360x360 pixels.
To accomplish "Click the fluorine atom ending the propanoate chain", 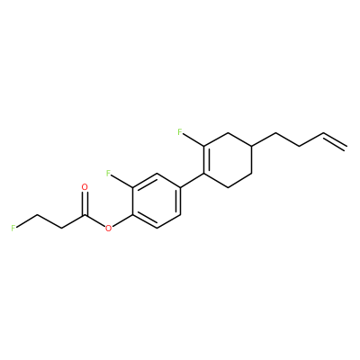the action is click(13, 228).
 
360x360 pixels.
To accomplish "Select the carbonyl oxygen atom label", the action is click(85, 187).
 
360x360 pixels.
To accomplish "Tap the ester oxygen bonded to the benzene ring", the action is click(108, 229).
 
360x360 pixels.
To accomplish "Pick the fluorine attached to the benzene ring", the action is click(109, 173).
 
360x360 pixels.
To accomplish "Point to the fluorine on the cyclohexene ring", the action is click(180, 132).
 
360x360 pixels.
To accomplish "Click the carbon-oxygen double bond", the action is click(85, 204).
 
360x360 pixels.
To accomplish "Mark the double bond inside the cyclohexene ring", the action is click(206, 159).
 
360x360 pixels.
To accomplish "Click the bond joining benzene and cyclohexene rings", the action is click(192, 180).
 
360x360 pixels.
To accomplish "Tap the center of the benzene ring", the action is click(156, 201).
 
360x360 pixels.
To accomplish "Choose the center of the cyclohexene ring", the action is click(228, 159).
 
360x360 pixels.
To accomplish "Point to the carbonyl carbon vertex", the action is click(85, 215).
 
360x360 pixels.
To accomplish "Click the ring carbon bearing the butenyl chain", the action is click(251, 146).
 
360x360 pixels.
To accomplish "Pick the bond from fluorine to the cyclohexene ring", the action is click(193, 140).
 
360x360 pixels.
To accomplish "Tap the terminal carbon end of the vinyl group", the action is click(347, 146).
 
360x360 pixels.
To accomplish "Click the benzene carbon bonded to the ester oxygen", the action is click(132, 215).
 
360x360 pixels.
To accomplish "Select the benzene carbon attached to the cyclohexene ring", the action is click(180, 187).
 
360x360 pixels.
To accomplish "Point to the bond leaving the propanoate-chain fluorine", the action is click(27, 220).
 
